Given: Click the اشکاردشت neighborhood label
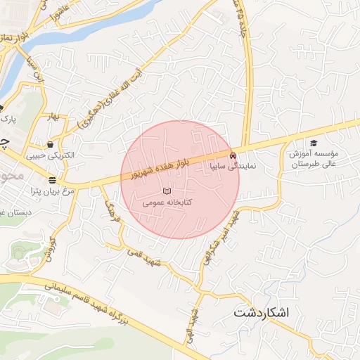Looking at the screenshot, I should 261,311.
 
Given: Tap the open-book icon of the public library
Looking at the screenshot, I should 167,191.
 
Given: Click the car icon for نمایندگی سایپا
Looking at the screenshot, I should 233,155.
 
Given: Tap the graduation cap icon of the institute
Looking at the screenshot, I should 314,142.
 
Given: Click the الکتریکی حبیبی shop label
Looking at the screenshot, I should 50,155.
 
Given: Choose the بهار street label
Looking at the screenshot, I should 51,117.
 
